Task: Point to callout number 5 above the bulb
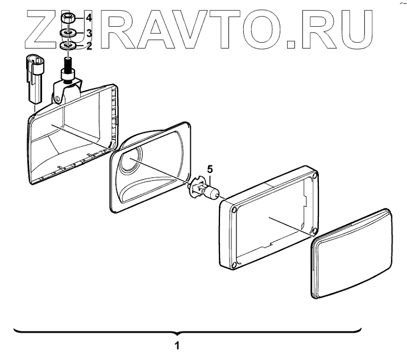click(x=210, y=169)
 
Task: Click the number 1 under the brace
click(x=178, y=345)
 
